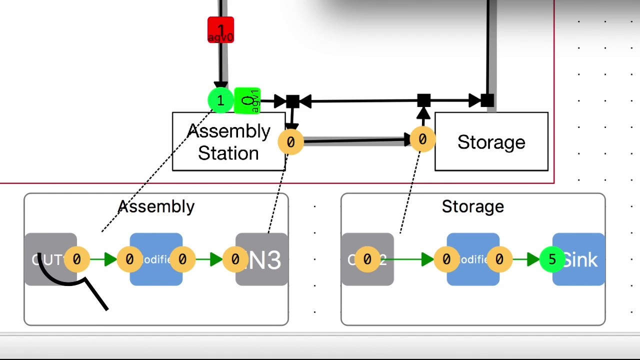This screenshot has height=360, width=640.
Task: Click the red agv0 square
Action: tap(220, 30)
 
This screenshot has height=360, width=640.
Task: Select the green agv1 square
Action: tap(247, 101)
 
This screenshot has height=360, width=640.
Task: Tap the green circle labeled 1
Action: tap(220, 101)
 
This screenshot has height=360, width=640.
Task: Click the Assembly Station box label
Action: tap(228, 142)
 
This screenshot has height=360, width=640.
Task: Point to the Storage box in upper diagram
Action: tap(491, 142)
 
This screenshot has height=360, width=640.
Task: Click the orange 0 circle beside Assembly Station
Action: tap(290, 142)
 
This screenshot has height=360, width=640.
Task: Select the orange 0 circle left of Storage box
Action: tap(422, 139)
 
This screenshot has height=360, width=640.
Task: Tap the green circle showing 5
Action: tap(552, 259)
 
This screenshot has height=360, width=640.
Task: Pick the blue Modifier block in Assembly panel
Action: tap(156, 259)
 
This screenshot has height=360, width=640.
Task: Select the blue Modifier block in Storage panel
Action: tap(473, 259)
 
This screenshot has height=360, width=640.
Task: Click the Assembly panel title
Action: tap(156, 206)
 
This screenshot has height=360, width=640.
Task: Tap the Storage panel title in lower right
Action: tap(472, 206)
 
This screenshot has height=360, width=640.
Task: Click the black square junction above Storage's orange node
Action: tap(423, 100)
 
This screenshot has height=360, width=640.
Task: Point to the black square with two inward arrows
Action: tap(292, 101)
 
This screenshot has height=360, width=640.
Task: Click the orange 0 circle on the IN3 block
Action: tap(235, 259)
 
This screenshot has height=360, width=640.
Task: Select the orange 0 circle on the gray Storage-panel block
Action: tap(367, 259)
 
